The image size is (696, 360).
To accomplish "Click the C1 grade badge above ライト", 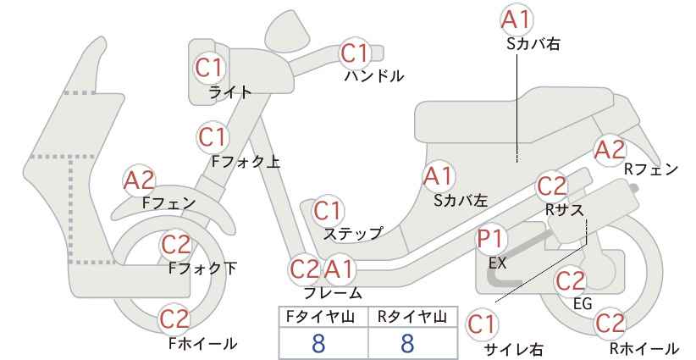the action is pos(208,69).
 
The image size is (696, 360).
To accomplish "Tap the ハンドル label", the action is pos(374,76).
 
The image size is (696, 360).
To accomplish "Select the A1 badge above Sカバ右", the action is pos(516,19).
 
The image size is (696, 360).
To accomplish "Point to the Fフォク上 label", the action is pos(246,162).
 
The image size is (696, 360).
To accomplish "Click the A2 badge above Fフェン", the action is pos(139,180).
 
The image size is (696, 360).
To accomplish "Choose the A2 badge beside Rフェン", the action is pos(610,150).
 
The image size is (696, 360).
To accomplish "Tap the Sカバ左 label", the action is pos(461,201).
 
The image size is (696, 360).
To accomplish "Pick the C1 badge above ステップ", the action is pos(327,212).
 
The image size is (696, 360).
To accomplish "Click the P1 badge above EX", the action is pos(491,240).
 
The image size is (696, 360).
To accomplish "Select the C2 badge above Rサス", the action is pos(552,187).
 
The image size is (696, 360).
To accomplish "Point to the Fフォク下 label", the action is pos(202,269).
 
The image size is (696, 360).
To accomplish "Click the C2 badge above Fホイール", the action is pos(175,319).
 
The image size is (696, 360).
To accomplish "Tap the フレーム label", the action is pos(333,293).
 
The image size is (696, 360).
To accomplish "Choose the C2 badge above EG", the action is pos(570,281).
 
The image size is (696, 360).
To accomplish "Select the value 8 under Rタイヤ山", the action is pos(407,344).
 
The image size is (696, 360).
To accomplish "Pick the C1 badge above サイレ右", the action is pos(482,325).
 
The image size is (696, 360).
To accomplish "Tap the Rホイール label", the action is pos(644,348).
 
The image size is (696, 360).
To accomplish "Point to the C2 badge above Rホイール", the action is pos(610,324).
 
